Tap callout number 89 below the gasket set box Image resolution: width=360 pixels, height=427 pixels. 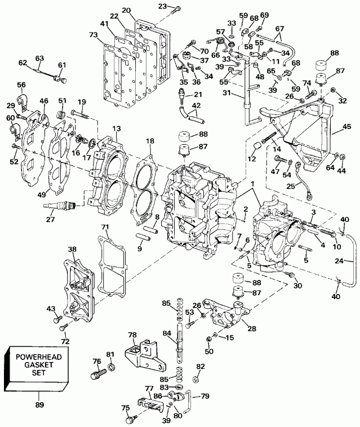tap(39, 404)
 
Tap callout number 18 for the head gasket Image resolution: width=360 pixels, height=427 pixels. tap(150, 141)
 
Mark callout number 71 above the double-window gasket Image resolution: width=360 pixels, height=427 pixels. tap(105, 227)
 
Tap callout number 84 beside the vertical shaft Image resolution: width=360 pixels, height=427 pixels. tap(166, 334)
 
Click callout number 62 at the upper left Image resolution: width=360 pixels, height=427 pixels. tap(24, 63)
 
